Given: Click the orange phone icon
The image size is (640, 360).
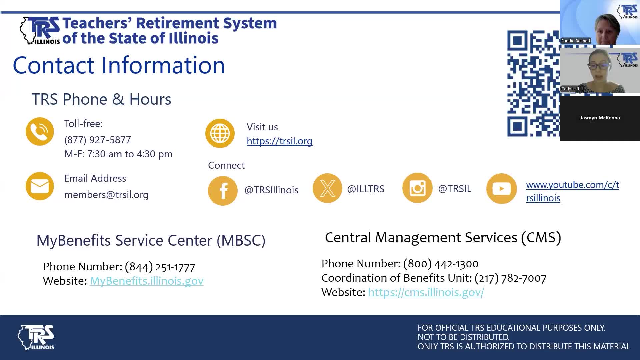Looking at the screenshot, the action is click(40, 131).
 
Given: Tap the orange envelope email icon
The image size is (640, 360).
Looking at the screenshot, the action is click(40, 186).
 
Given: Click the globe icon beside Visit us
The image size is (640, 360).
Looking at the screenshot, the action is click(220, 133).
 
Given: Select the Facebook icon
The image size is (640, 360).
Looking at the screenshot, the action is click(223, 191).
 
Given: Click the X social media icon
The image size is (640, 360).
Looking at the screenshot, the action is click(327, 188).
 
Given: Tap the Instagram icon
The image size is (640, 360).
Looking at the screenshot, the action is click(417, 188).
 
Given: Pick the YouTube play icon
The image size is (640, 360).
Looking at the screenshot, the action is click(501, 189).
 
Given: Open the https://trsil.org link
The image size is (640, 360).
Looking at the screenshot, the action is click(279, 141).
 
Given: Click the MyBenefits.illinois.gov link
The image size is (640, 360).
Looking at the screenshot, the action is click(147, 281).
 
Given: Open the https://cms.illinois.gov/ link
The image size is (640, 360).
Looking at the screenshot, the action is click(426, 292).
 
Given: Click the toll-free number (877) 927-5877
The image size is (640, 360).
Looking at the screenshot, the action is click(98, 140).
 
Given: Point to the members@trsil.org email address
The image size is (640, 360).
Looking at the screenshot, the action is click(106, 195).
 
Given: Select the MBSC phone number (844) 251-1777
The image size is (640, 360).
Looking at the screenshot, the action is click(160, 267).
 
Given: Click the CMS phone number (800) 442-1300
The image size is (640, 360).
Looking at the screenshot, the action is click(441, 264).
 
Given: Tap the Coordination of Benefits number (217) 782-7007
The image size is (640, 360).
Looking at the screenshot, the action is click(510, 278).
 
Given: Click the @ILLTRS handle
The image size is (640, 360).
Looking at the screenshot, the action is click(366, 189).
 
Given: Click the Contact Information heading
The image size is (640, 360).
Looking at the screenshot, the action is click(119, 65).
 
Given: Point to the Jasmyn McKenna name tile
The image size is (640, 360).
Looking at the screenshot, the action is click(600, 118).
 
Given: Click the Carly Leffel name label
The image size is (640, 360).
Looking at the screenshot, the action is click(572, 89).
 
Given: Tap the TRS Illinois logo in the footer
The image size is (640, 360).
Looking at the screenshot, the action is click(36, 337).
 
